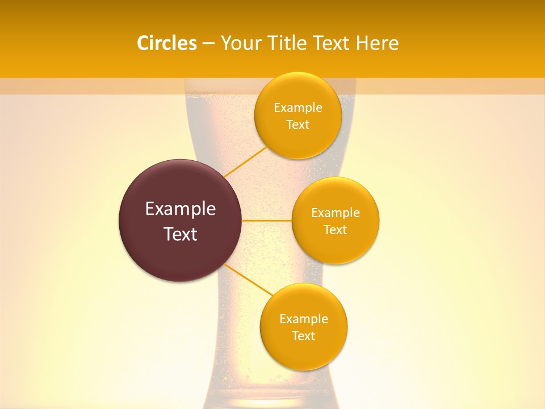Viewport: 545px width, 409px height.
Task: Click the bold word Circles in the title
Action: (x=166, y=43)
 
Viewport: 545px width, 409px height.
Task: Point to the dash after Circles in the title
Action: (x=208, y=44)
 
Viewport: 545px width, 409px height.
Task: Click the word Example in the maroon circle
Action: (x=180, y=209)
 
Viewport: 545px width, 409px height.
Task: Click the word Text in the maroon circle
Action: (x=180, y=234)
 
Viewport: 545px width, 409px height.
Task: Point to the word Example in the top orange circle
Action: (x=297, y=108)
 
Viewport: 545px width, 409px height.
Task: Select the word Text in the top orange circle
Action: (x=297, y=125)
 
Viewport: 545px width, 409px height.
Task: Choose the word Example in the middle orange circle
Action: (x=335, y=213)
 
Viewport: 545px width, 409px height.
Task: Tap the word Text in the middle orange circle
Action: (x=335, y=230)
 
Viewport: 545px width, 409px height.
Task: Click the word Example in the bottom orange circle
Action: (x=303, y=319)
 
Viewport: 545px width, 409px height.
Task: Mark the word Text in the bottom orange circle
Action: (x=303, y=336)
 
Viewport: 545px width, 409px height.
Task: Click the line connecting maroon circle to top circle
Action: (x=245, y=161)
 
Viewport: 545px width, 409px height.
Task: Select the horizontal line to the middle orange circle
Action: (x=266, y=220)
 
